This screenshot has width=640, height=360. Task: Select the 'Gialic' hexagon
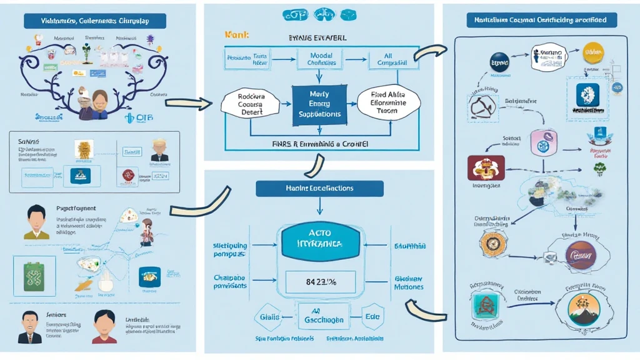pyautogui.click(x=269, y=317)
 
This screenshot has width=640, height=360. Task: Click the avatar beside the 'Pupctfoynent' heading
pyautogui.click(x=37, y=222)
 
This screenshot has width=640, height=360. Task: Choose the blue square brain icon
pyautogui.click(x=587, y=95)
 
